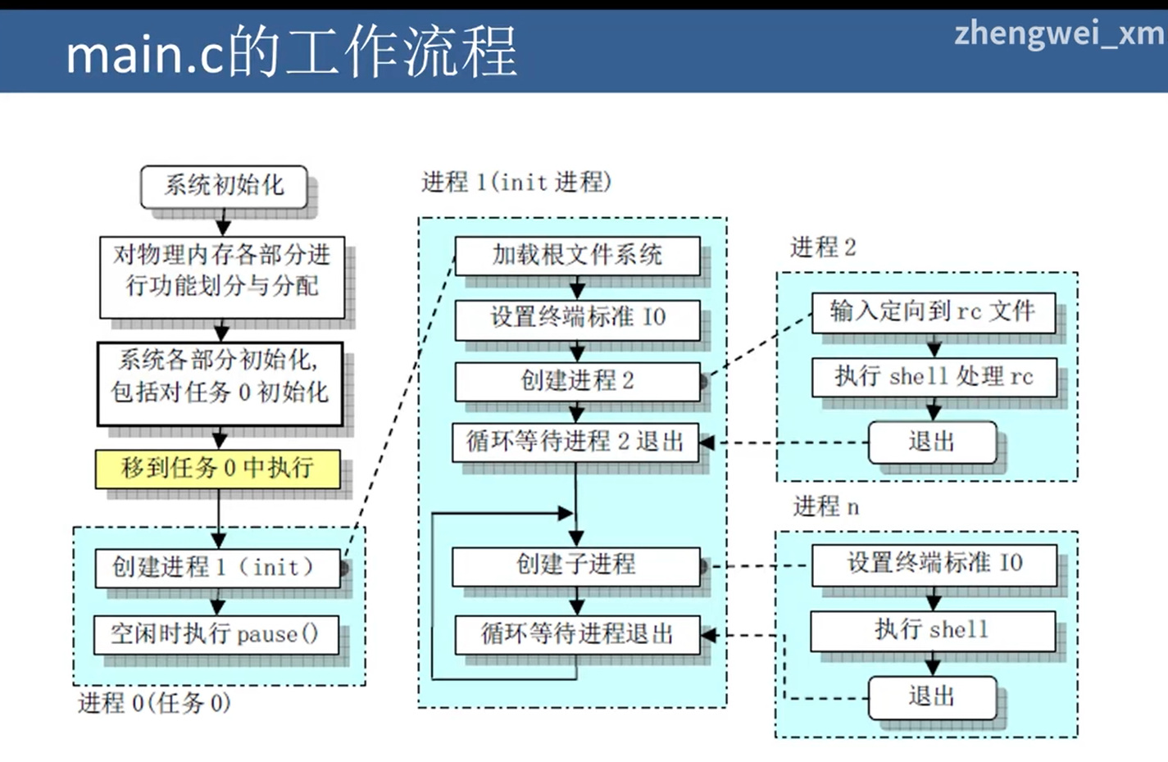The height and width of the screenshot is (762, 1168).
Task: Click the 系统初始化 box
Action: tap(224, 186)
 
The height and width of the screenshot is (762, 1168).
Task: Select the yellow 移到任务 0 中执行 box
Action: tap(218, 469)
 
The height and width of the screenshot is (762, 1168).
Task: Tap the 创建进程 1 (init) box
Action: tap(217, 567)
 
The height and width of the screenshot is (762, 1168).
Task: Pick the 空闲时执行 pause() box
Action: tap(216, 634)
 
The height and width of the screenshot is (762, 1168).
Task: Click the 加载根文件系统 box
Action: tap(577, 256)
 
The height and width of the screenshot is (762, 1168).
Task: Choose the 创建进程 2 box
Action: tap(577, 381)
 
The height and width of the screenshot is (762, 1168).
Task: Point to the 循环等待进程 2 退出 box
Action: tap(575, 442)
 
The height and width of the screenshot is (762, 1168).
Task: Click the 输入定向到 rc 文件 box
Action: tap(933, 312)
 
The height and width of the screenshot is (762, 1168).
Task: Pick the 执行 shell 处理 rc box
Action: tap(934, 377)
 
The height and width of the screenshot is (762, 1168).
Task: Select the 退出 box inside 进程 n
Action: tap(932, 697)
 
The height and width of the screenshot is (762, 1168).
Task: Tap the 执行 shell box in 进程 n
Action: tap(932, 630)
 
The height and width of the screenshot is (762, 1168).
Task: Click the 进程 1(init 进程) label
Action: tap(516, 182)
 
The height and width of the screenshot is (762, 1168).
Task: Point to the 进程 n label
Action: tap(825, 507)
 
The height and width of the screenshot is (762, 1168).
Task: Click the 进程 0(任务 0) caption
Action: tap(154, 703)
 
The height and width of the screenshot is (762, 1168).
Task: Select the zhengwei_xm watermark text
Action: tap(1059, 34)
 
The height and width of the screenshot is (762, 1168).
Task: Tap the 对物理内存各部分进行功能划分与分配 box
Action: tap(221, 271)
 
